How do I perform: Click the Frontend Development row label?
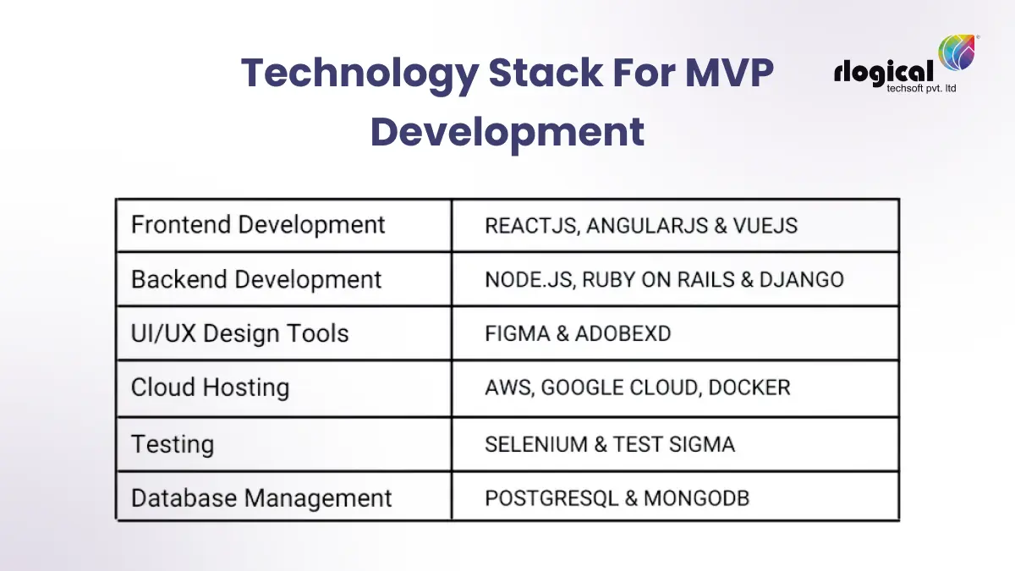pyautogui.click(x=258, y=225)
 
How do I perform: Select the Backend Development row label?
pyautogui.click(x=256, y=280)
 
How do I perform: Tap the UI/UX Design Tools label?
pyautogui.click(x=239, y=333)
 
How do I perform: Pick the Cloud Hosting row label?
pyautogui.click(x=210, y=387)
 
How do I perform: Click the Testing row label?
pyautogui.click(x=173, y=444)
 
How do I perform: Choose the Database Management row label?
pyautogui.click(x=261, y=498)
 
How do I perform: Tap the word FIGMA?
pyautogui.click(x=516, y=333)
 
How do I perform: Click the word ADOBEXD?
pyautogui.click(x=623, y=333)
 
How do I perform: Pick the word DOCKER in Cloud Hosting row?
pyautogui.click(x=749, y=388)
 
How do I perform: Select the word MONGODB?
pyautogui.click(x=696, y=498)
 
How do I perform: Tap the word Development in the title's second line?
pyautogui.click(x=507, y=132)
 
